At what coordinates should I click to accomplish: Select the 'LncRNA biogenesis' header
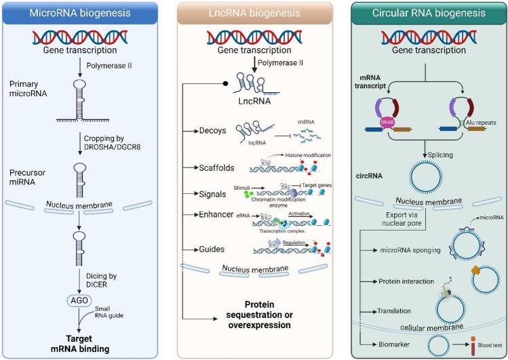click(254, 14)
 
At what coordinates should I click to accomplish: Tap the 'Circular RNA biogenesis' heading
click(421, 14)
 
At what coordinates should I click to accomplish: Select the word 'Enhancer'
click(218, 215)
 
